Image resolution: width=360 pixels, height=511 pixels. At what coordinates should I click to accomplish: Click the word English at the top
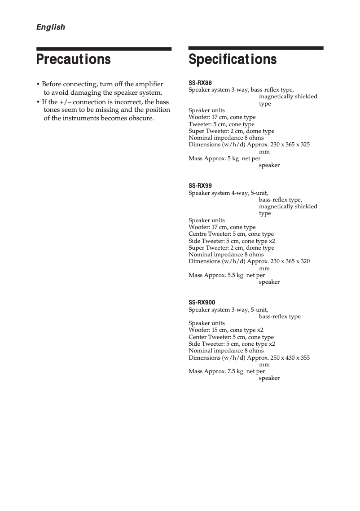pos(50,27)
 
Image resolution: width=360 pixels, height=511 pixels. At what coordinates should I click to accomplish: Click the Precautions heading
pos(73,59)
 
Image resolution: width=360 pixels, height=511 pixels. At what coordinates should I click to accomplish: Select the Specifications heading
pos(233,59)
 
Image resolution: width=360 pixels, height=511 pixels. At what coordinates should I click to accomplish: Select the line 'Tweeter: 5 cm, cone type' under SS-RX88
pos(221,124)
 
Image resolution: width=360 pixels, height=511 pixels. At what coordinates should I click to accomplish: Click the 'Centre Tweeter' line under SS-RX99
pos(231,234)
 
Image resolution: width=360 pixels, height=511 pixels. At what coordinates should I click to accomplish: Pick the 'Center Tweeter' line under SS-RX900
pos(231,337)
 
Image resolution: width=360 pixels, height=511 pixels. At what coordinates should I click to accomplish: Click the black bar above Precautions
pos(104,48)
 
